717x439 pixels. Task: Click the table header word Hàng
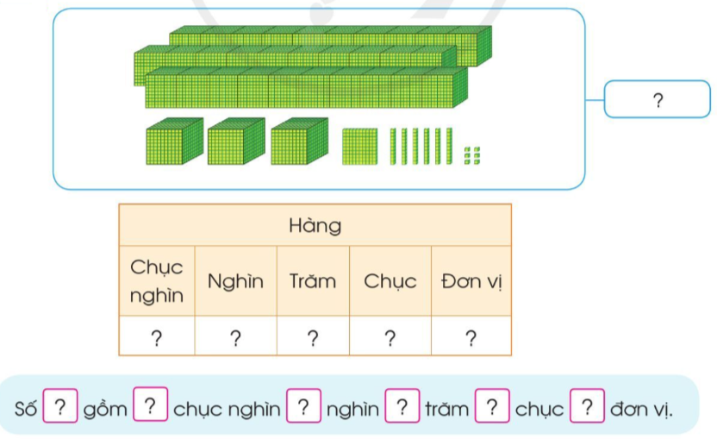(315, 226)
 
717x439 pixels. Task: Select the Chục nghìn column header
(156, 281)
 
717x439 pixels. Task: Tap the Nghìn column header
(235, 281)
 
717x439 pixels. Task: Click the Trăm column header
(313, 281)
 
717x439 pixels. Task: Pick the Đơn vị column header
(471, 281)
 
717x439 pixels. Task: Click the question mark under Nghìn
(235, 338)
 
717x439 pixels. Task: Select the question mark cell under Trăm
(313, 338)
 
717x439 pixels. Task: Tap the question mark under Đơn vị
(471, 338)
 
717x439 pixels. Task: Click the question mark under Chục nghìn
(156, 338)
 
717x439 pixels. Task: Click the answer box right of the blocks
(657, 99)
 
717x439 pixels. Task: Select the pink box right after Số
(60, 405)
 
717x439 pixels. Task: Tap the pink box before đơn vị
(587, 405)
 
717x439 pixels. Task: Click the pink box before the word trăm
(402, 405)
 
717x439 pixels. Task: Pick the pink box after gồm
(151, 404)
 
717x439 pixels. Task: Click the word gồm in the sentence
(105, 409)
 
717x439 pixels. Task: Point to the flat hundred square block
(360, 147)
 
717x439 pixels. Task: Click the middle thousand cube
(236, 141)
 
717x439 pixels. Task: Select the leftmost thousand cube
(175, 141)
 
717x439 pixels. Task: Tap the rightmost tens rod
(449, 146)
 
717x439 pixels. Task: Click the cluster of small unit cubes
(472, 155)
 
